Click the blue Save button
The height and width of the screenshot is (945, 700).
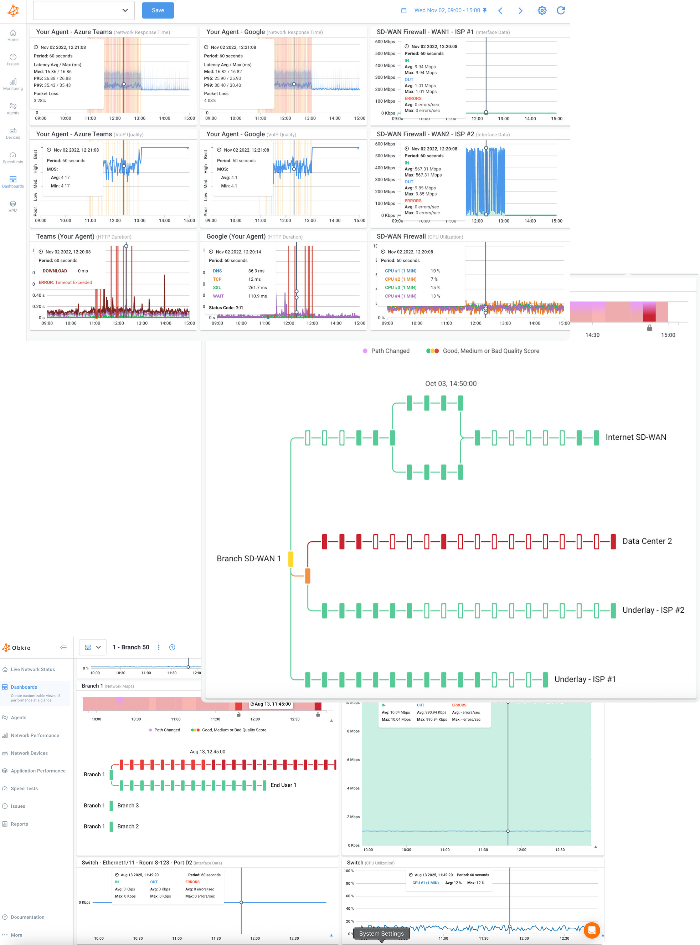tap(158, 11)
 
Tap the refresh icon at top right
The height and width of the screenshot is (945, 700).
tap(561, 11)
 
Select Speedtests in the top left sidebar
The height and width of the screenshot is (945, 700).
tap(13, 157)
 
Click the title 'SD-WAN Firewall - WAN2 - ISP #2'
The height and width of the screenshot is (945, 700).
tap(425, 134)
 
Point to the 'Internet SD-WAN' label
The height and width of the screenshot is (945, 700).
tap(635, 437)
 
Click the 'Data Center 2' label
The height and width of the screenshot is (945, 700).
tap(647, 541)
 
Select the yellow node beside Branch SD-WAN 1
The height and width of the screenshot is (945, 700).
tap(291, 559)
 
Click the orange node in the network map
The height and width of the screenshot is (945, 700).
tap(308, 576)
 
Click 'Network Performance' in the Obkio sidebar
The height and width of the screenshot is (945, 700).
tap(35, 736)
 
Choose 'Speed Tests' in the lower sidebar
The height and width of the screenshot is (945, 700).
tap(24, 788)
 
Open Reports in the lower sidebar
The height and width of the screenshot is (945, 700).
tap(20, 824)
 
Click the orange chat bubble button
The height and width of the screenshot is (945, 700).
tap(592, 930)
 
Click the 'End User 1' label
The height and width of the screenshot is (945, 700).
tap(283, 785)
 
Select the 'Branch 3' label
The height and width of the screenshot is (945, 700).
tap(128, 806)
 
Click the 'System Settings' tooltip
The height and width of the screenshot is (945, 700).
tap(381, 934)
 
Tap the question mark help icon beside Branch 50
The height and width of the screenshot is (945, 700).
tap(172, 647)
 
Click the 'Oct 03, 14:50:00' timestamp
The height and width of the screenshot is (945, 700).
tap(451, 384)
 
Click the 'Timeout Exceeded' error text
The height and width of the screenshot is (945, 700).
tap(73, 282)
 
